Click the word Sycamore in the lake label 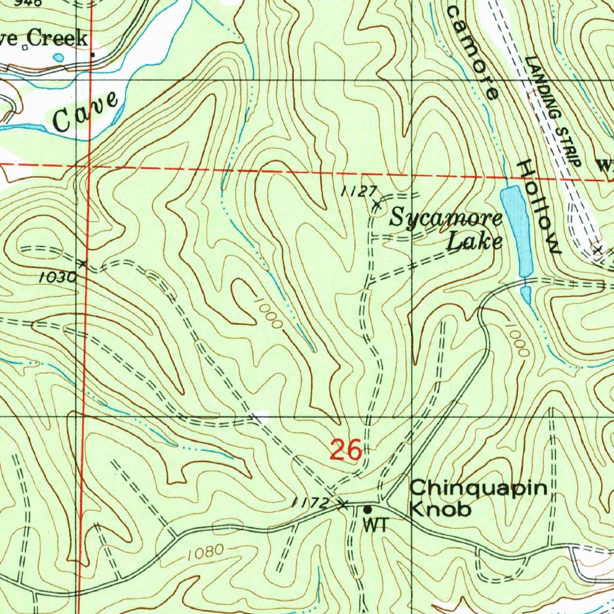pyautogui.click(x=446, y=219)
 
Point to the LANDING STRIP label pyautogui.click(x=553, y=112)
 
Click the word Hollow pyautogui.click(x=540, y=207)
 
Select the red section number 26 pyautogui.click(x=346, y=450)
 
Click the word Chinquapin pyautogui.click(x=478, y=488)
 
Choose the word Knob pyautogui.click(x=440, y=510)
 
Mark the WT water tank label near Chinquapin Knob pyautogui.click(x=375, y=525)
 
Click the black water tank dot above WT pyautogui.click(x=368, y=509)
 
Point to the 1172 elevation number pyautogui.click(x=311, y=503)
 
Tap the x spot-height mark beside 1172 pyautogui.click(x=344, y=505)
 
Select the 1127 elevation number pyautogui.click(x=358, y=191)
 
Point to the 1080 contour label pyautogui.click(x=205, y=551)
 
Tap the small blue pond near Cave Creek pyautogui.click(x=58, y=58)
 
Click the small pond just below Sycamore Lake pyautogui.click(x=526, y=294)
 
